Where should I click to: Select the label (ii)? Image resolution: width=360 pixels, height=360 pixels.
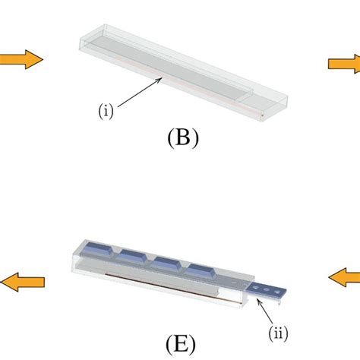click(x=279, y=332)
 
